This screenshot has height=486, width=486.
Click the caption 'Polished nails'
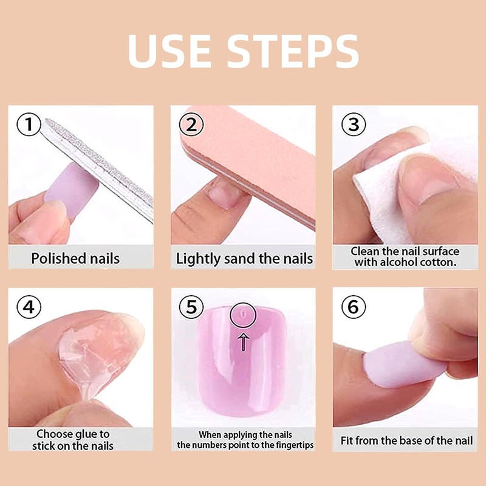pyautogui.click(x=75, y=258)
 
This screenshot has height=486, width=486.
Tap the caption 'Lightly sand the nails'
pyautogui.click(x=244, y=258)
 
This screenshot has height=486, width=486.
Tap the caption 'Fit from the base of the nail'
pyautogui.click(x=405, y=439)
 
